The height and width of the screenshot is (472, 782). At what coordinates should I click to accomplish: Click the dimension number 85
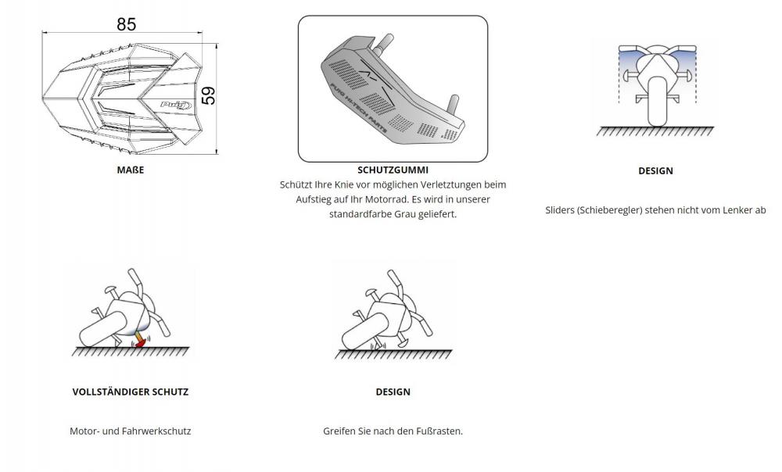point(126,24)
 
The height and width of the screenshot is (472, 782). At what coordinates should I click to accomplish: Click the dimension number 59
point(209,95)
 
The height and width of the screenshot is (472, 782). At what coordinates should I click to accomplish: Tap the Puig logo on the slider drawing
point(176,105)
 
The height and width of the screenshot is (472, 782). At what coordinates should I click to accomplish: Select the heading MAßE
point(130,170)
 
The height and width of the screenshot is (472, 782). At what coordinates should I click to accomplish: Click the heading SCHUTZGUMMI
point(393,170)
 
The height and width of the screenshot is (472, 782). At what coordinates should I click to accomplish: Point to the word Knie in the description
point(343,185)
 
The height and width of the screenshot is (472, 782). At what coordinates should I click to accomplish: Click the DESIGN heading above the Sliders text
point(655,171)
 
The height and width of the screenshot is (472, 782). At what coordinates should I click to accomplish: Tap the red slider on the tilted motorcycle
point(140,343)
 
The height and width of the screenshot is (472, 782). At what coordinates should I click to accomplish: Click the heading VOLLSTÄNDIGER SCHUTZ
point(130,392)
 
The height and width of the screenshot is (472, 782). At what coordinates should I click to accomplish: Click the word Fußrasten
point(439,431)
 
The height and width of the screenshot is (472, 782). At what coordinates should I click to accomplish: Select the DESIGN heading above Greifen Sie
point(393,392)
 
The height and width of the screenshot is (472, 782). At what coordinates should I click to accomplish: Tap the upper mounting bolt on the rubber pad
point(383,43)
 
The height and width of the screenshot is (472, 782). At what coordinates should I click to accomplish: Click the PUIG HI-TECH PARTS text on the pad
point(358,108)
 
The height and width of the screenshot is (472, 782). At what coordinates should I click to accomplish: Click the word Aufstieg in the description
point(312,199)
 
